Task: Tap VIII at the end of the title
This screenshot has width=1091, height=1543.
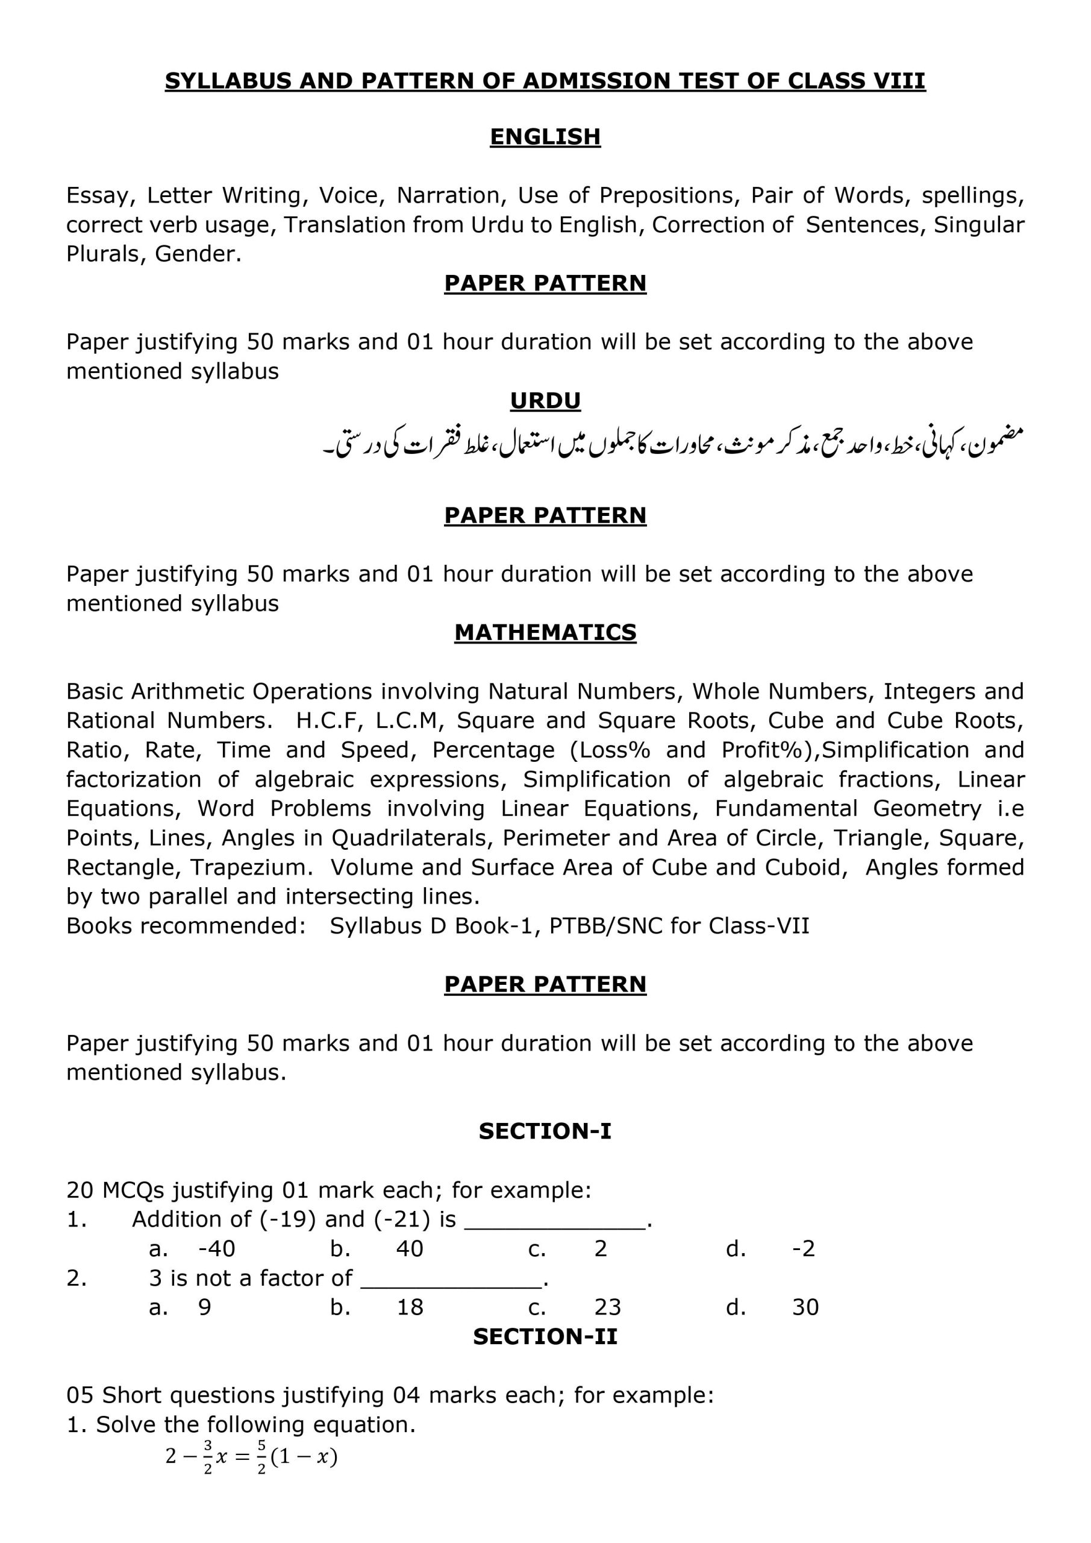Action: [x=898, y=81]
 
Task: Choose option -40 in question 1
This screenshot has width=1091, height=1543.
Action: [x=216, y=1249]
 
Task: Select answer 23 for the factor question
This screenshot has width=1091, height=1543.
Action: [x=607, y=1307]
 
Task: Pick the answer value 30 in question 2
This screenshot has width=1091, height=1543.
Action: [x=805, y=1307]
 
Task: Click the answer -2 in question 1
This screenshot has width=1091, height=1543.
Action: [x=804, y=1249]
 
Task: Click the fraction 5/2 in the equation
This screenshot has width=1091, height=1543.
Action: [x=261, y=1457]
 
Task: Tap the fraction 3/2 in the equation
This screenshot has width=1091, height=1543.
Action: [x=208, y=1457]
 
